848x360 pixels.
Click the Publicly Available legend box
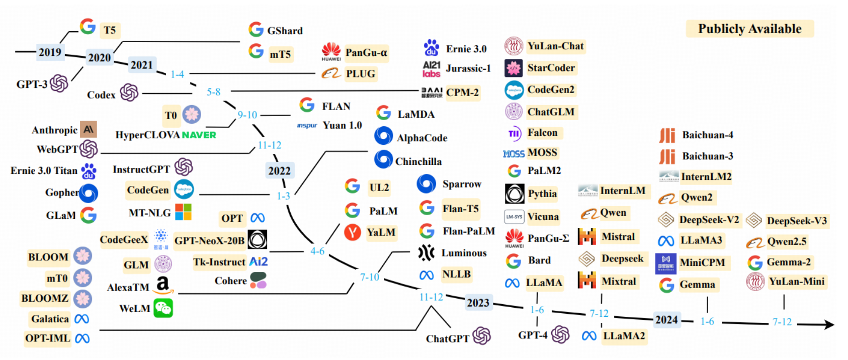[x=749, y=29]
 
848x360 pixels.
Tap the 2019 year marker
[x=50, y=52]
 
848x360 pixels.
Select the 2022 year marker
[x=279, y=170]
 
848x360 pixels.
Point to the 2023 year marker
[x=478, y=302]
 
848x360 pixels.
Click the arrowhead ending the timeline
[x=829, y=325]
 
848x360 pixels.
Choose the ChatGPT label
[x=447, y=338]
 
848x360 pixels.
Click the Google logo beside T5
[x=88, y=27]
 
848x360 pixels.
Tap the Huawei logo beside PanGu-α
[x=331, y=51]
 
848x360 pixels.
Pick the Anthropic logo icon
[x=89, y=130]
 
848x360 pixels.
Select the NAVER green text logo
[x=199, y=135]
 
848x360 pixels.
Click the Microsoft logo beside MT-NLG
[x=183, y=212]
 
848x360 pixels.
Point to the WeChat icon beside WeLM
[x=163, y=308]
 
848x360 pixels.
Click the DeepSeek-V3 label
[x=796, y=221]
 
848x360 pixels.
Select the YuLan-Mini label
[x=796, y=282]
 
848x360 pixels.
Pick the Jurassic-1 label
[x=468, y=68]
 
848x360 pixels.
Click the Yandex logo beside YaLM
[x=353, y=232]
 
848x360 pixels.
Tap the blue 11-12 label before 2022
[x=270, y=145]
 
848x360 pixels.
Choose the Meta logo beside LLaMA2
[x=589, y=336]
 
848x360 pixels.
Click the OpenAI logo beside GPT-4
[x=560, y=334]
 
